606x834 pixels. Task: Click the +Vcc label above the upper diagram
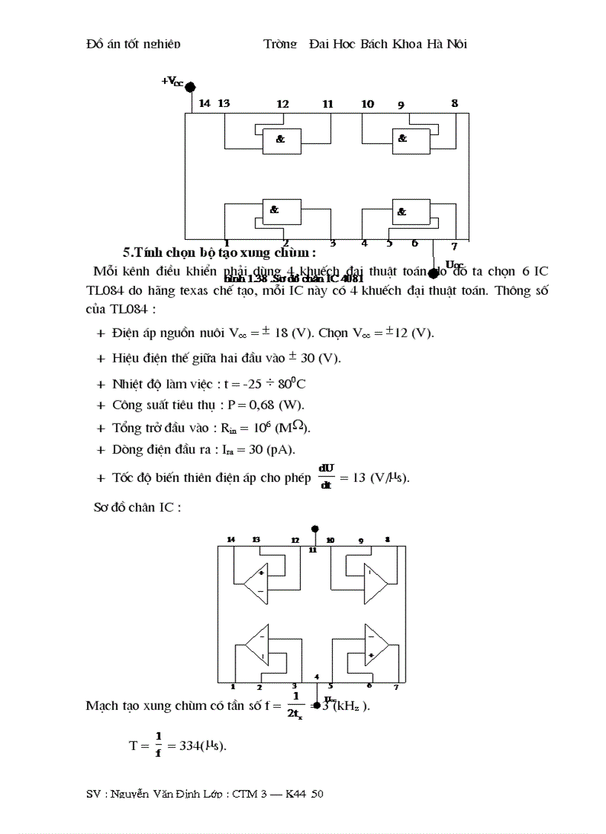[x=172, y=81]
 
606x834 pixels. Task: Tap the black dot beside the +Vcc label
[x=190, y=87]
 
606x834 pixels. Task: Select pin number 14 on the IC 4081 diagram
[x=204, y=103]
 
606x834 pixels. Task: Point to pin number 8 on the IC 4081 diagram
[x=454, y=103]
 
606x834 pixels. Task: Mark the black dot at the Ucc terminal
[x=433, y=273]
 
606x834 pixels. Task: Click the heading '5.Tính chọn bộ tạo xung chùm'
[x=220, y=252]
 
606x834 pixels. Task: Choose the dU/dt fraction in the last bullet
[x=326, y=476]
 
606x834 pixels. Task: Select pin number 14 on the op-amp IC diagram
[x=231, y=539]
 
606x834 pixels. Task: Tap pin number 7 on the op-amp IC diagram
[x=396, y=687]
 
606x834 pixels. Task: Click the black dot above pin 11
[x=315, y=530]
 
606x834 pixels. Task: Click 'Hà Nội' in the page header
[x=446, y=44]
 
